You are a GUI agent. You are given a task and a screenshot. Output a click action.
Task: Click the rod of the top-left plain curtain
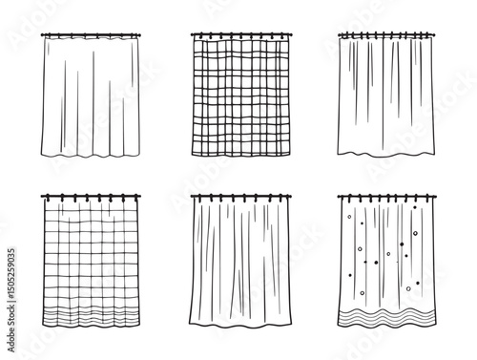[91, 36]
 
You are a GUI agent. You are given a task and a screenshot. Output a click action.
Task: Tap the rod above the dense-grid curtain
[238, 36]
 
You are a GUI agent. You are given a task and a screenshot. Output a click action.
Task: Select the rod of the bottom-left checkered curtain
[91, 196]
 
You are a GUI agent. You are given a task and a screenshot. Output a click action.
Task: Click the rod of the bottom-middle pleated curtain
[238, 196]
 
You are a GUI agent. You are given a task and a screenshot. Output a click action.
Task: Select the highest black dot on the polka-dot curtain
[349, 217]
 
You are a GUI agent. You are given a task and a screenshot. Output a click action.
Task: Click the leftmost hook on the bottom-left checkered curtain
[46, 200]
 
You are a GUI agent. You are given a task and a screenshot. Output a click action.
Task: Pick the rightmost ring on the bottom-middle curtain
[278, 200]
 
